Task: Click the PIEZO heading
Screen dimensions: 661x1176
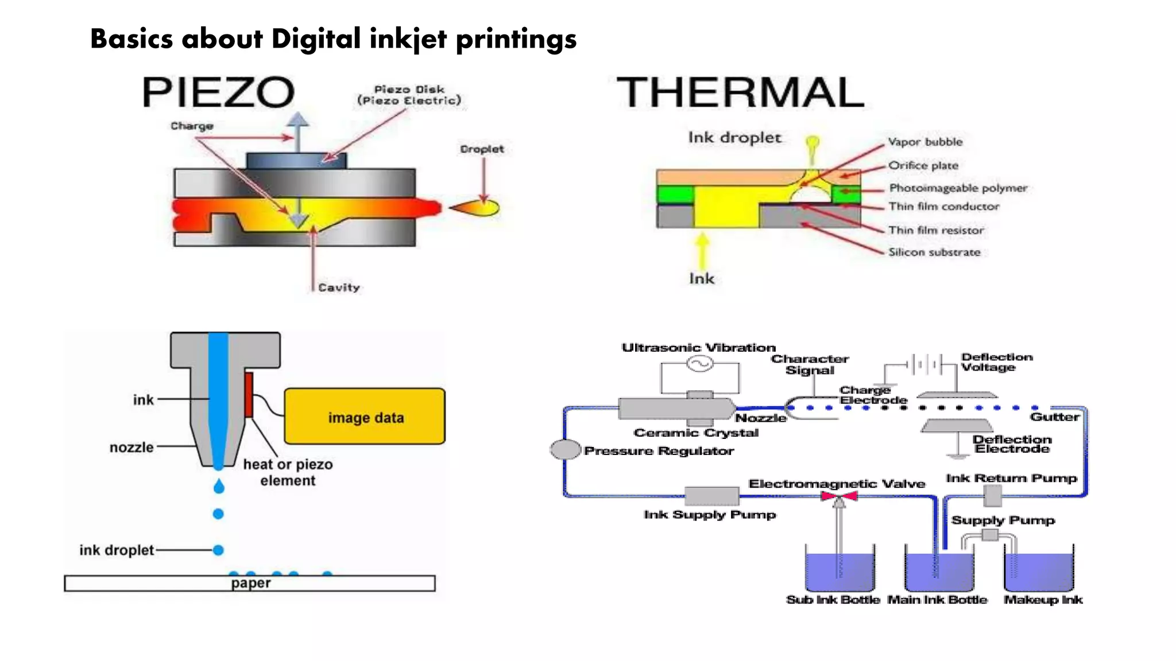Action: coord(218,92)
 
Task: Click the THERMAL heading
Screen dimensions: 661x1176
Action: coord(740,92)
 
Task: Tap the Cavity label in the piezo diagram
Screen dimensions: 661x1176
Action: coord(339,287)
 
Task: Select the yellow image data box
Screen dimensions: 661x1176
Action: coord(365,417)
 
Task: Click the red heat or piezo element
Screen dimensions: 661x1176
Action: coord(249,395)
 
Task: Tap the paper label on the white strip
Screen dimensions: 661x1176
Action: coord(250,583)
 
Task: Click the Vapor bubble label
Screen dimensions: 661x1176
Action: coord(924,142)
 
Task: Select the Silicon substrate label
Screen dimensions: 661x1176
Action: coord(934,252)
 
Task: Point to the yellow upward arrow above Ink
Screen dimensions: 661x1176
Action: coord(702,250)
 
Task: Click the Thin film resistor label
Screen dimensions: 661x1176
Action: coord(936,230)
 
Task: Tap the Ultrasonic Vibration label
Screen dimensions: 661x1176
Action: coord(698,348)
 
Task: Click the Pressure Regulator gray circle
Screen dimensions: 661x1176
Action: coord(565,449)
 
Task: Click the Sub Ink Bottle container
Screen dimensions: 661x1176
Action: coord(840,571)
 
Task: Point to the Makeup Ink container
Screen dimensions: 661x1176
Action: coord(1039,571)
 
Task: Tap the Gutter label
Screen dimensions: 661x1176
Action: coord(1054,417)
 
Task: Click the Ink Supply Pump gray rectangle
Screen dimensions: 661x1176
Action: coord(711,495)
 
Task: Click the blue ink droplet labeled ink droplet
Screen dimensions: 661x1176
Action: coord(218,550)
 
